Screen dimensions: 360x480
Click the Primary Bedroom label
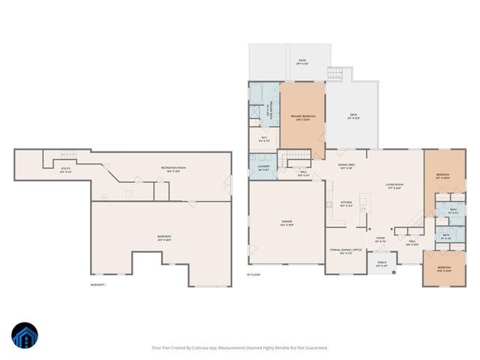302,117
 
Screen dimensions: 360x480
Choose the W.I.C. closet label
264,138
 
